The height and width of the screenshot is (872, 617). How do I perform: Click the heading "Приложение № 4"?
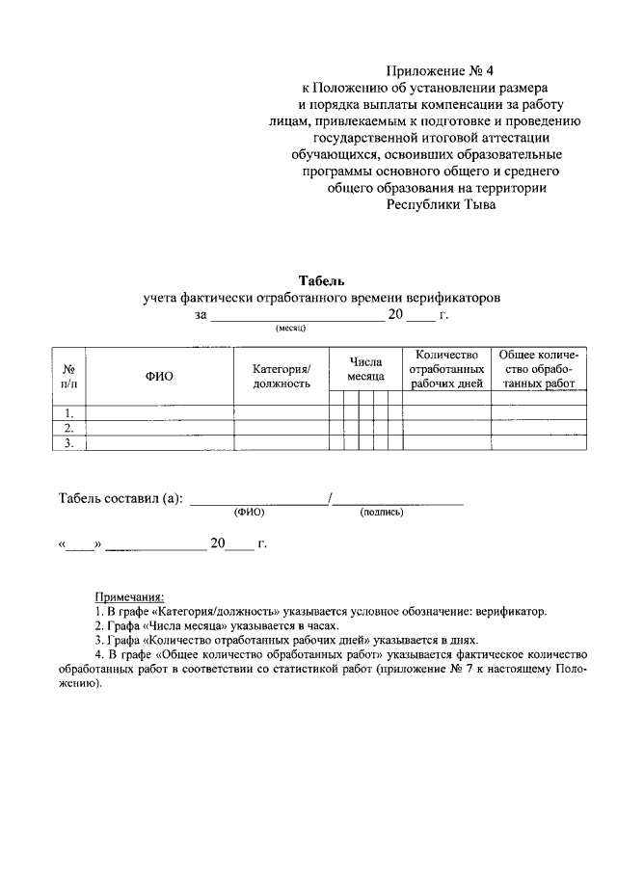click(439, 70)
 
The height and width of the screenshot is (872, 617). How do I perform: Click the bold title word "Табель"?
click(315, 280)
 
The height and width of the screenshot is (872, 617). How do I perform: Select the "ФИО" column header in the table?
click(159, 376)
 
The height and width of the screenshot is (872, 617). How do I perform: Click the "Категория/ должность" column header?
click(282, 376)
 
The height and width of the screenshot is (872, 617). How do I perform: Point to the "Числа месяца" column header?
click(366, 369)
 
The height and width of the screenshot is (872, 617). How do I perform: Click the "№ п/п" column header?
click(69, 376)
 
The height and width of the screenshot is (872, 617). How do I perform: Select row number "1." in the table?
click(69, 412)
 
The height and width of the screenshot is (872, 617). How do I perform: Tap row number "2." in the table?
click(69, 428)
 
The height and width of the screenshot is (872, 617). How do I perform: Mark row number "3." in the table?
click(69, 443)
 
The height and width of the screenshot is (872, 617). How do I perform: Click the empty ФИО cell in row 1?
click(159, 412)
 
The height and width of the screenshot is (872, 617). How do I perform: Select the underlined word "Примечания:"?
click(128, 596)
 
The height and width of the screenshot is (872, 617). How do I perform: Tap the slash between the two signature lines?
click(330, 498)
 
